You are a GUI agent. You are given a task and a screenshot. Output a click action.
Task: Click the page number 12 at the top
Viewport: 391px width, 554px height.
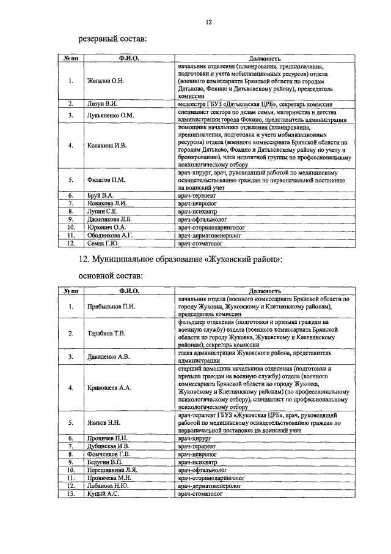[x=208, y=23]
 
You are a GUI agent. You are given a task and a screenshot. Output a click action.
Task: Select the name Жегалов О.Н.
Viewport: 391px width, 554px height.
[x=106, y=80]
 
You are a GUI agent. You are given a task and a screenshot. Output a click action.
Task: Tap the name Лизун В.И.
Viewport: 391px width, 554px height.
[x=101, y=104]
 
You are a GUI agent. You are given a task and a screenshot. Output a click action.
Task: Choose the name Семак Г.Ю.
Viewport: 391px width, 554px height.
[x=102, y=242]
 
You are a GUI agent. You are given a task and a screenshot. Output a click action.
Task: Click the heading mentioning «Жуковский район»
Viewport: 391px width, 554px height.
[x=180, y=260]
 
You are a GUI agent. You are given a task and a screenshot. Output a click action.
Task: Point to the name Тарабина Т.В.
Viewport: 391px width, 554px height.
[x=106, y=333]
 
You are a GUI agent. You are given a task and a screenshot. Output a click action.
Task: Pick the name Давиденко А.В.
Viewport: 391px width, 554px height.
[x=108, y=356]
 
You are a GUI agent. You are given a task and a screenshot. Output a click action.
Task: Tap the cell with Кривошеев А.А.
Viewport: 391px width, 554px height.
[x=108, y=388]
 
